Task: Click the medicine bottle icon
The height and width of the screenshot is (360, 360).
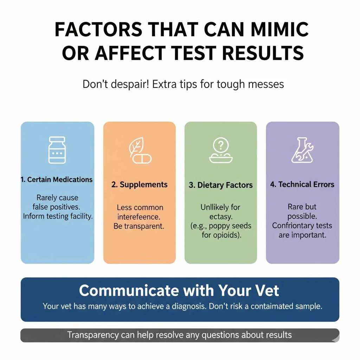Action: point(57,150)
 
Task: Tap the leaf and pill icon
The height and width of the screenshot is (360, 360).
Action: point(140,150)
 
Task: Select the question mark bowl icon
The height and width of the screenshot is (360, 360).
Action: point(221,150)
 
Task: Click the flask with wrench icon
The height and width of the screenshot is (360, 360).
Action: point(302,150)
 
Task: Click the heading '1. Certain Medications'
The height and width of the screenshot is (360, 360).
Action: point(57,180)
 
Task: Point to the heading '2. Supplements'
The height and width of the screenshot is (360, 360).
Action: point(140,185)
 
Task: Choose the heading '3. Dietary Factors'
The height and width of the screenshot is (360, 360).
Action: point(221,185)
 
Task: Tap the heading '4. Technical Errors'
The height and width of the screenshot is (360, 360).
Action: point(302,184)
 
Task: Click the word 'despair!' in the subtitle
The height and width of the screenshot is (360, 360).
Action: point(128,84)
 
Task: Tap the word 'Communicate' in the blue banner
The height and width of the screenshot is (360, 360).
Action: point(129,291)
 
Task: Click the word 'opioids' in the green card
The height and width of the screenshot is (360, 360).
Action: point(227,235)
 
